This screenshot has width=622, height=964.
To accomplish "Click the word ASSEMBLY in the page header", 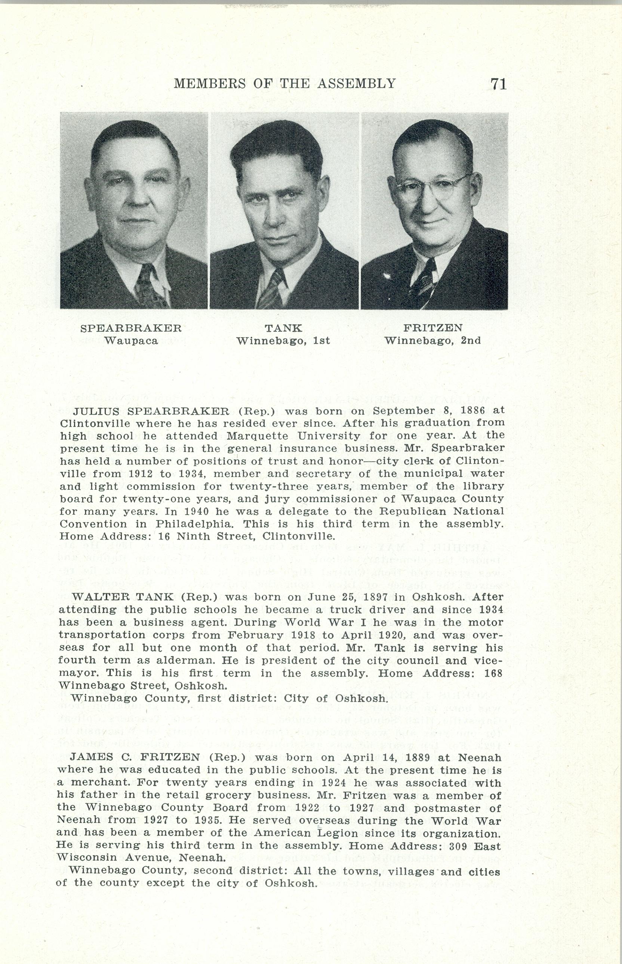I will click(356, 83).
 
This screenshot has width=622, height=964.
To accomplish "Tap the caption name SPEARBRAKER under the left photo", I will click(131, 328).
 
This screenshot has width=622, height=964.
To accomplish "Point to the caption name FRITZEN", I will click(432, 328).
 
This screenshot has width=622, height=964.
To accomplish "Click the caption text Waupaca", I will click(131, 340).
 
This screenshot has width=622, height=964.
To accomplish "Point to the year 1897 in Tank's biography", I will click(388, 597).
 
